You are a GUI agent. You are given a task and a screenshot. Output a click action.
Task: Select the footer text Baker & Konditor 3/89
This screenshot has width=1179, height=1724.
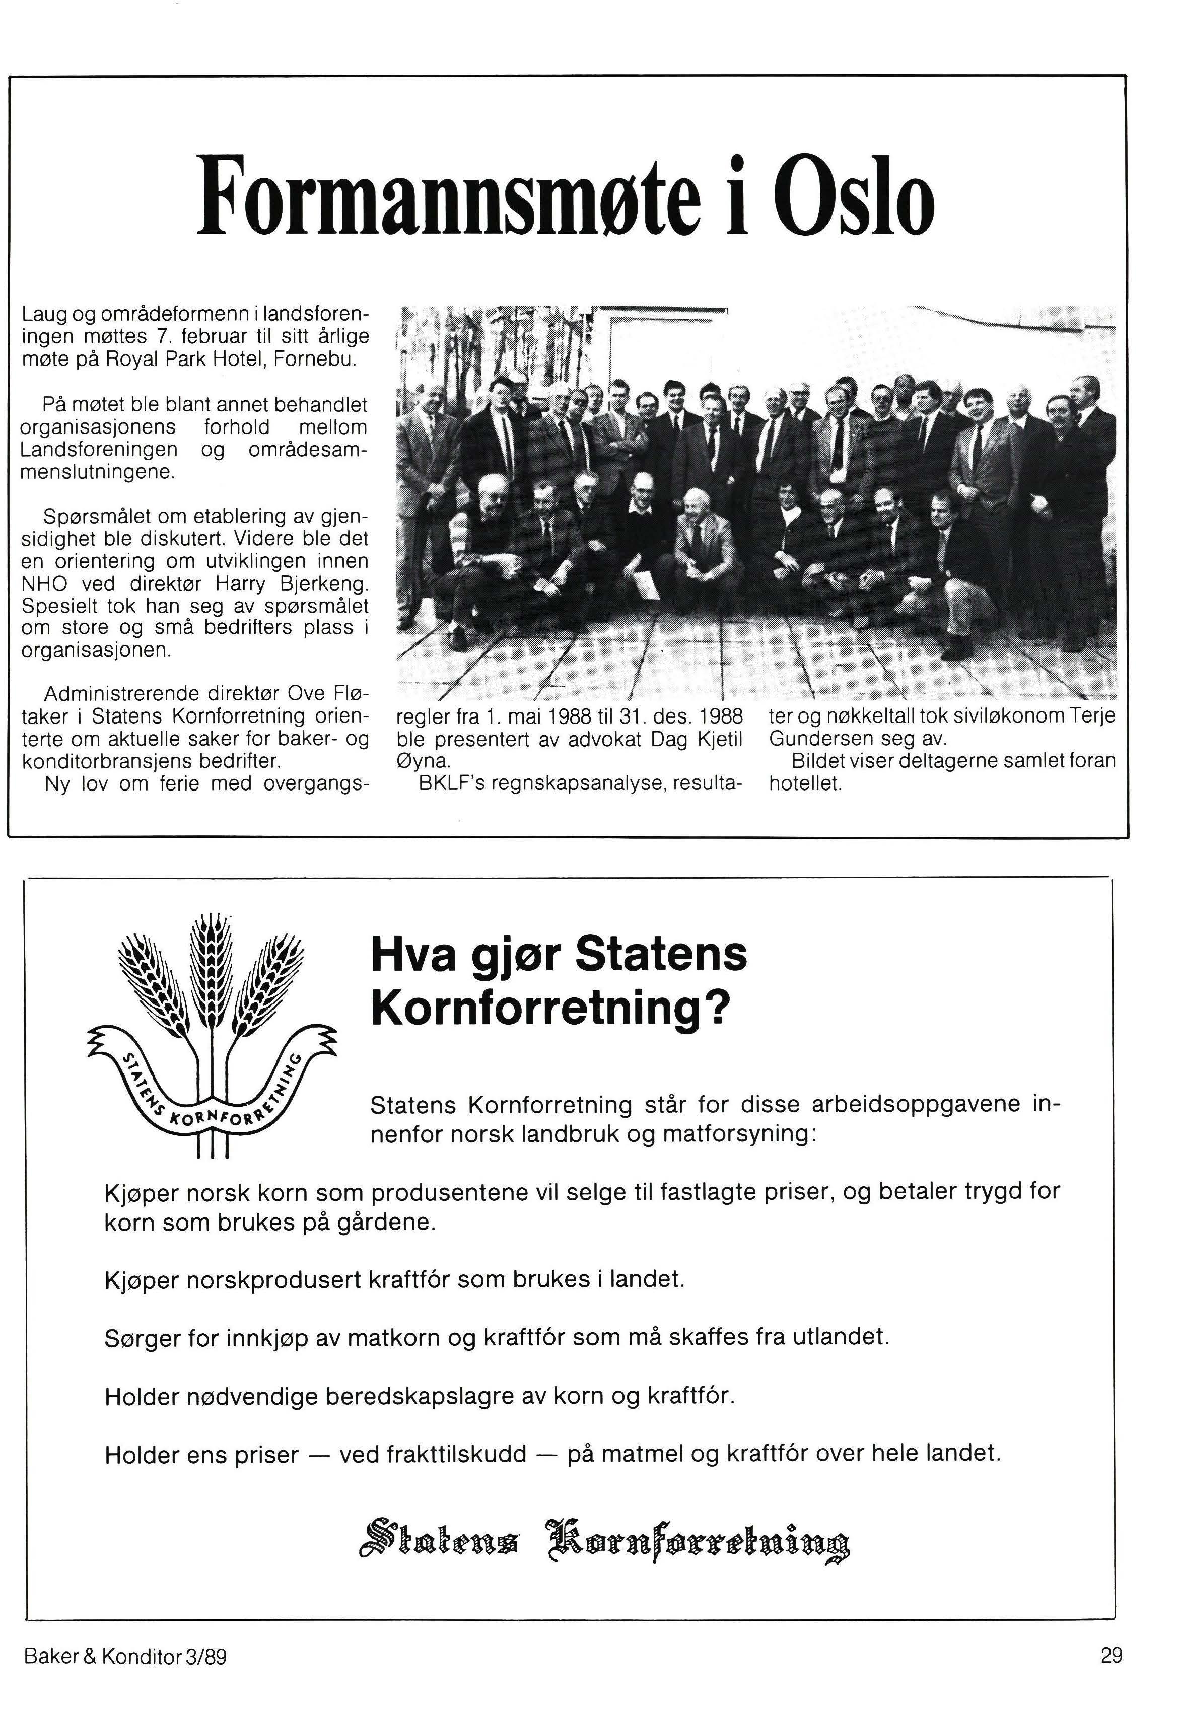click(125, 1656)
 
